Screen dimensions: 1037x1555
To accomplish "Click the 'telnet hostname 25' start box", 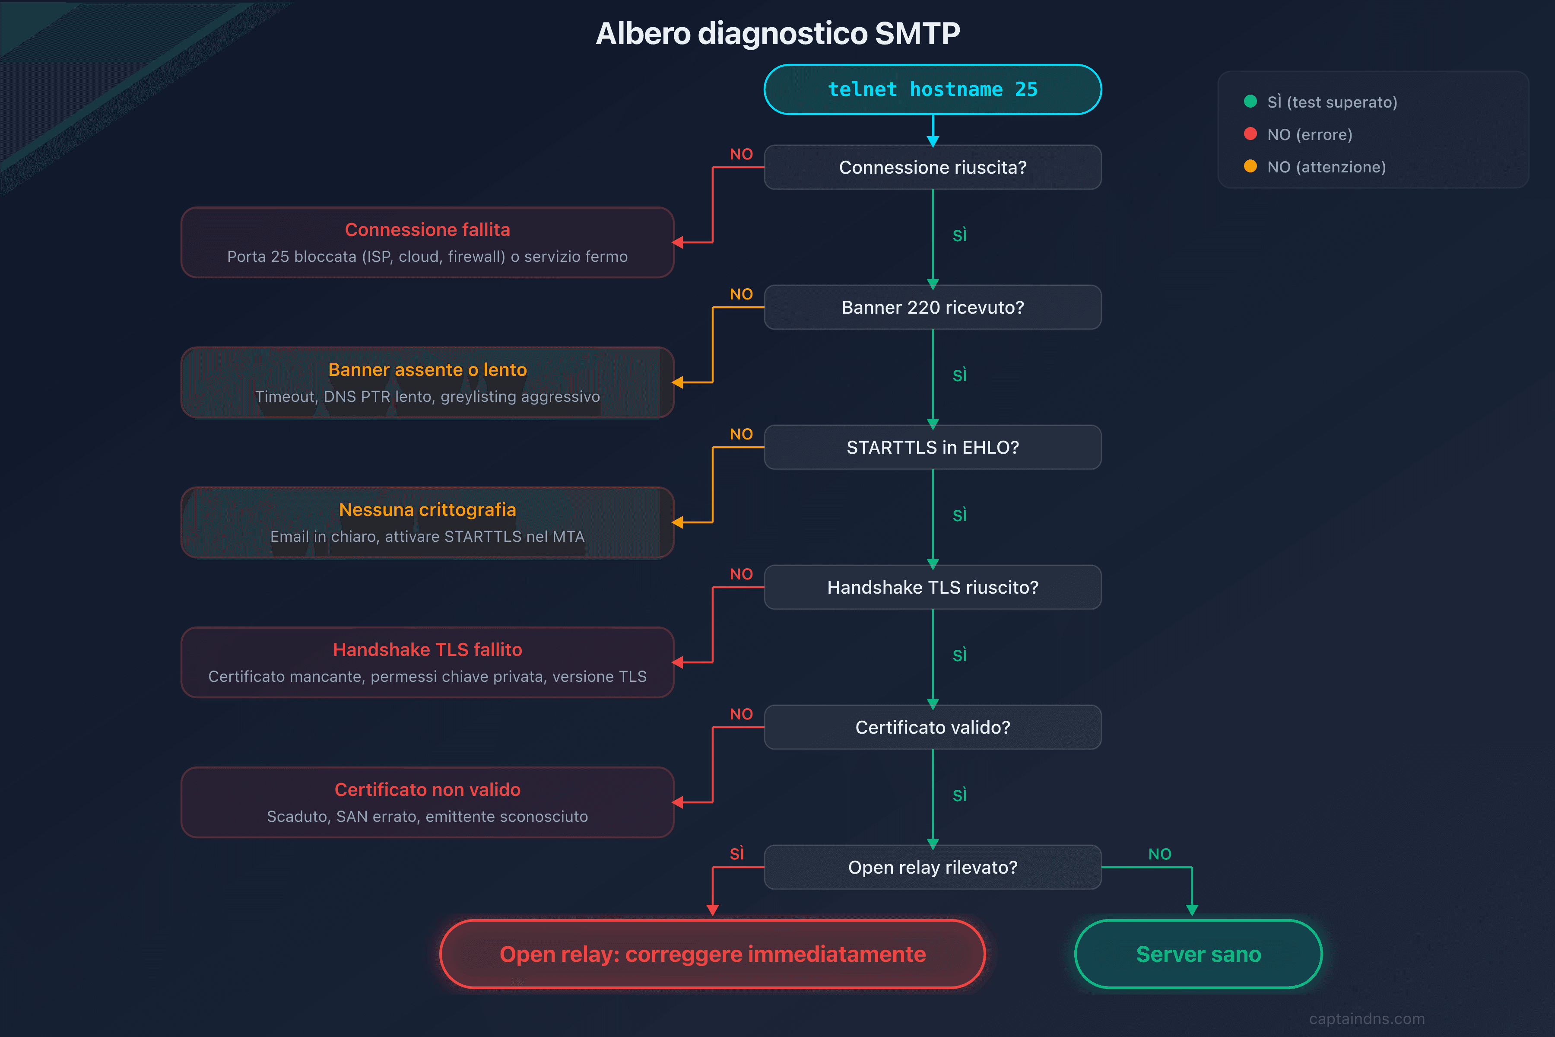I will coord(932,89).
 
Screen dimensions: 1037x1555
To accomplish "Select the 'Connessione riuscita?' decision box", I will coord(932,167).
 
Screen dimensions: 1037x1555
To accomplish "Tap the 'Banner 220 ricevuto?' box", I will coord(932,308).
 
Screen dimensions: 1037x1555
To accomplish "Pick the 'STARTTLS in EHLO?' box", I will coord(932,448).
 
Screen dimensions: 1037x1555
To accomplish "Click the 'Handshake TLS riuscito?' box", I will coord(932,587).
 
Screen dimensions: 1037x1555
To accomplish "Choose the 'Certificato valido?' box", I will coord(932,728).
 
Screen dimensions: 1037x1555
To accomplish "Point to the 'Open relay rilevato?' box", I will coord(932,867).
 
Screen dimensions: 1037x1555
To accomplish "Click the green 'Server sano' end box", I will coord(1198,954).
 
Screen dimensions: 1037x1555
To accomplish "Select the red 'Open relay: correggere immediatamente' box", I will coord(712,954).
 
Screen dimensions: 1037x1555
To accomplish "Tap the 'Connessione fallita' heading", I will coord(427,229).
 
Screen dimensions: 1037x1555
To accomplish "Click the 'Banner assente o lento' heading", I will coord(427,370).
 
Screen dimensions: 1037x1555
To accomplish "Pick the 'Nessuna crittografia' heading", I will coord(427,510).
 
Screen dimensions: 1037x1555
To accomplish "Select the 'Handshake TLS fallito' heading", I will coord(427,649).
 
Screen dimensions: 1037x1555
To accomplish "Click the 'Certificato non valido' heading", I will coord(427,790).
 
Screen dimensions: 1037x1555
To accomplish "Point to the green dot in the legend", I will coord(1250,101).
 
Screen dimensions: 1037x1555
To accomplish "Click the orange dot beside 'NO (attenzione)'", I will coord(1250,166).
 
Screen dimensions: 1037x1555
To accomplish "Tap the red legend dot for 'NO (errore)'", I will coord(1250,134).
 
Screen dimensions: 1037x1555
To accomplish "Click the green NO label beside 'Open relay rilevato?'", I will coord(1160,854).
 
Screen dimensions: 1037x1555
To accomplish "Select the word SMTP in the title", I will coord(917,33).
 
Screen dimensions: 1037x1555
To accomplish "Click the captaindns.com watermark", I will coord(1367,1018).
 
